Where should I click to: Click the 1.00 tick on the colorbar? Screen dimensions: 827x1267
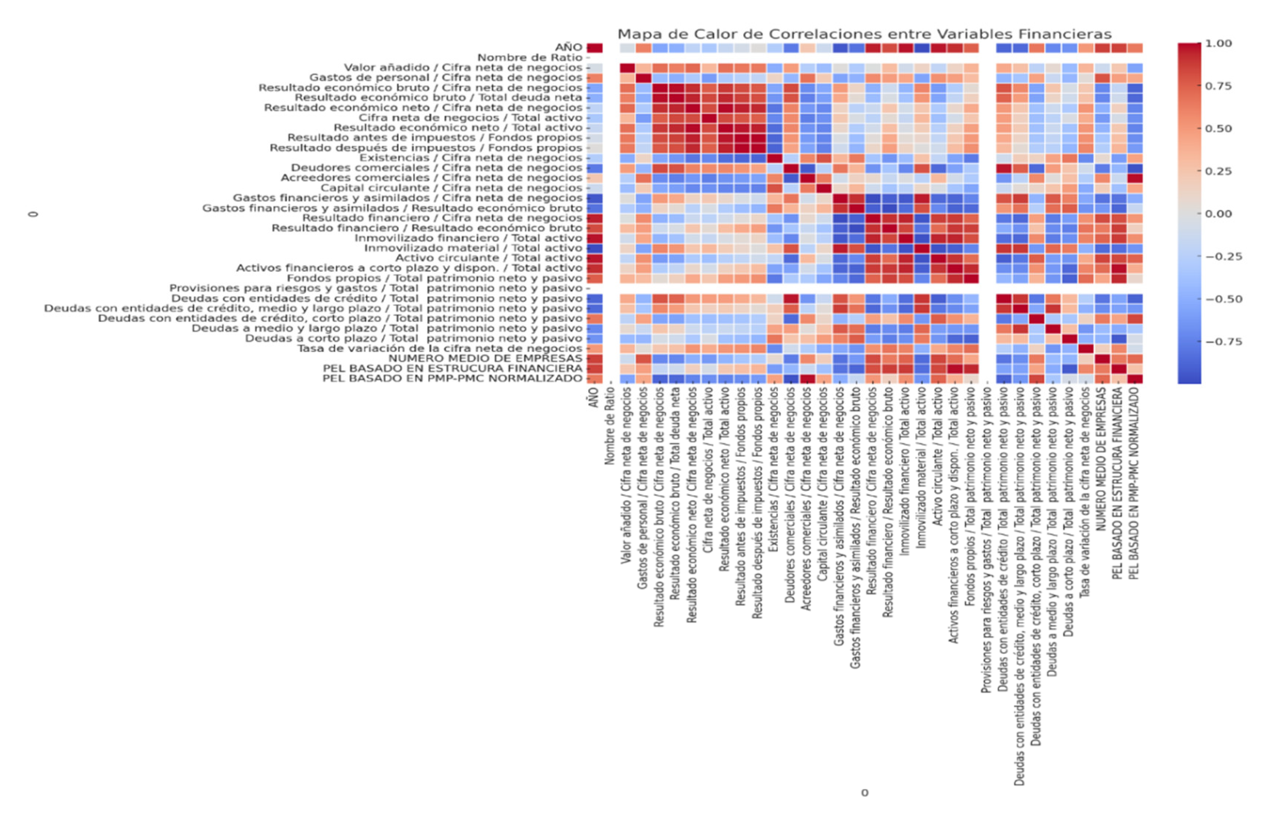click(1218, 44)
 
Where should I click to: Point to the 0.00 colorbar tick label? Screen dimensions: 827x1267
click(1218, 214)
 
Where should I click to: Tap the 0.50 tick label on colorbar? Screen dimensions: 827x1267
click(1218, 129)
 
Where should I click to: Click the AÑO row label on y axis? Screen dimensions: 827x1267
click(568, 47)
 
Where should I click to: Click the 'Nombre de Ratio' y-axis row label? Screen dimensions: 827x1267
click(530, 58)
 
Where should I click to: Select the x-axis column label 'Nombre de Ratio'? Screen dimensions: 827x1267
click(610, 426)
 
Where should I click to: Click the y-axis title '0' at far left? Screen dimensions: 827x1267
click(34, 214)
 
